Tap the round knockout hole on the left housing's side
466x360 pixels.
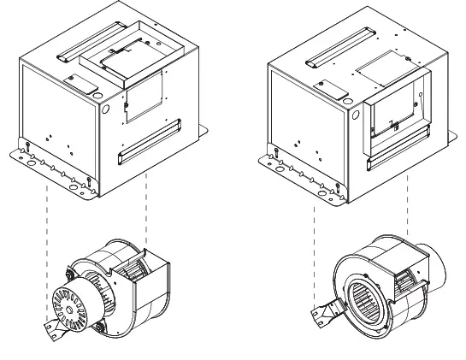(x=106, y=109)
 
